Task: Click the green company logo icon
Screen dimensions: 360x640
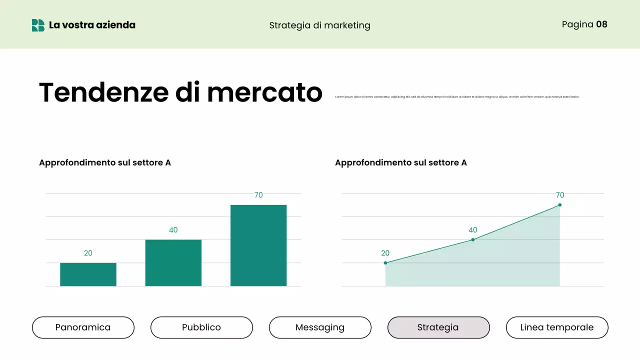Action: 38,25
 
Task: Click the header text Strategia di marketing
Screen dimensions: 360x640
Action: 319,25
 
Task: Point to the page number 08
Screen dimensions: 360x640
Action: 601,24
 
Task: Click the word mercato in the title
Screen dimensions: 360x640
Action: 264,92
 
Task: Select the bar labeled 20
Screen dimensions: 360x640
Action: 88,274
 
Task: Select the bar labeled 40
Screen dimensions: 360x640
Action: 173,263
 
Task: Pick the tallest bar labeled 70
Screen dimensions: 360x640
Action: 258,245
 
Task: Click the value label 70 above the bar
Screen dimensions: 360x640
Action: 258,195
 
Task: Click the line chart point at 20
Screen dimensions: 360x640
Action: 385,263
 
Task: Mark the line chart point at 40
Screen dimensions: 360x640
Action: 473,240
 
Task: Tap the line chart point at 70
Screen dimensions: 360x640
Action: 559,205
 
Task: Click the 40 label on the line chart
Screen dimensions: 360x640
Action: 473,230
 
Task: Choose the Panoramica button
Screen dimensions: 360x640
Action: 83,327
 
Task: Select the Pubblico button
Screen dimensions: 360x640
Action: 201,327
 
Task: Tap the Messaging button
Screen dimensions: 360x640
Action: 320,327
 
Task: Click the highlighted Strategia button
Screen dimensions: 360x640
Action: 438,327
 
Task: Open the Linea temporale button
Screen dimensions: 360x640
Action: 557,327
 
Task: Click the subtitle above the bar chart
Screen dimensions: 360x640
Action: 105,162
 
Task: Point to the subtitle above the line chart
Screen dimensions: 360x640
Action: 401,162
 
